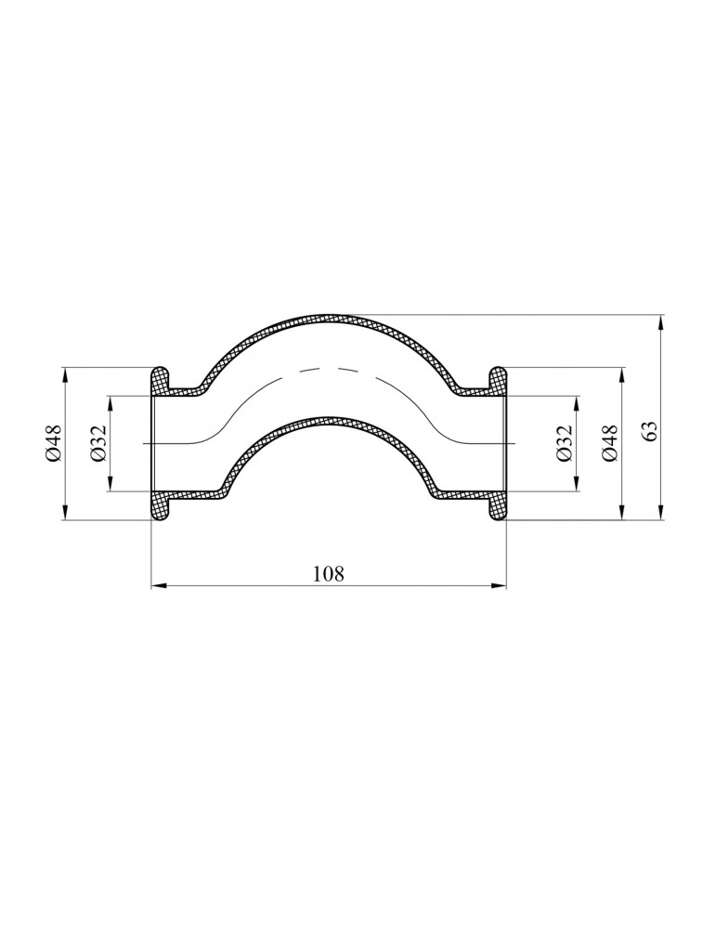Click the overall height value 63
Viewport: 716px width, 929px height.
[x=650, y=429]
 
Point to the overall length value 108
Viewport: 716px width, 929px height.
[x=328, y=574]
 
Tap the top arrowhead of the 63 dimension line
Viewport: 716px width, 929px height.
[x=660, y=321]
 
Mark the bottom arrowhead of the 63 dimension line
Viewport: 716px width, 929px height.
[x=660, y=513]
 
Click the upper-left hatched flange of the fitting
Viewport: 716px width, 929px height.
[x=161, y=380]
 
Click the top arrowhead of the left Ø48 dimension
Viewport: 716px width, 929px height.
[x=64, y=374]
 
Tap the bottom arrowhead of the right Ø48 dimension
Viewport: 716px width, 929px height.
[x=621, y=513]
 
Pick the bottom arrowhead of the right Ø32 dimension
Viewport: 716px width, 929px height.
[x=575, y=484]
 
